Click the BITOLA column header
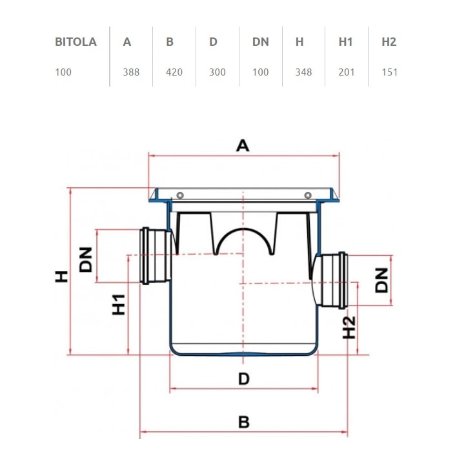(76, 42)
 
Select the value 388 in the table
(131, 72)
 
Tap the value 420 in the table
(174, 72)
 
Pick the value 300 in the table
(218, 72)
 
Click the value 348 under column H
(303, 72)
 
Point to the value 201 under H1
(347, 72)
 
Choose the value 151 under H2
(389, 72)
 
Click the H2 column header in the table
(389, 42)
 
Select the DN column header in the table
(261, 42)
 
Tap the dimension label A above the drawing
(243, 145)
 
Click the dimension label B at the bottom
(243, 422)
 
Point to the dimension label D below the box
(243, 378)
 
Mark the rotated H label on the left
(61, 276)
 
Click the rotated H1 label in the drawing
(119, 304)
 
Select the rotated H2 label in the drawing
(349, 327)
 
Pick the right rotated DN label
(383, 280)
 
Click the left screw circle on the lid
(180, 196)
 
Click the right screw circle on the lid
(308, 196)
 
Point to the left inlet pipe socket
(156, 255)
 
